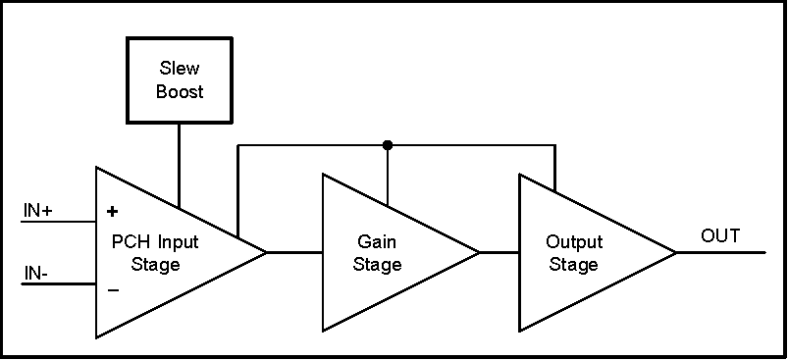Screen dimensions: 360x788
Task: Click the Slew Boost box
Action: coord(180,80)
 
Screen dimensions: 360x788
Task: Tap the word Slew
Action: coord(180,68)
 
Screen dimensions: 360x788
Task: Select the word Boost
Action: coord(180,92)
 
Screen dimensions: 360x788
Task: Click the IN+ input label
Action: coord(38,211)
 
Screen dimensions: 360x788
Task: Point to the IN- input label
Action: coord(36,273)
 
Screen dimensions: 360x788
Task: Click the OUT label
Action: coord(720,236)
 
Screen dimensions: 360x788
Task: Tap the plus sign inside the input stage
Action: coord(112,211)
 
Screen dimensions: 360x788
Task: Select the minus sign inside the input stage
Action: coord(112,289)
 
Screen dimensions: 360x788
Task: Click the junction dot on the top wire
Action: coord(388,145)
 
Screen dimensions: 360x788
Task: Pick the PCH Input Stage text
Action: coord(154,253)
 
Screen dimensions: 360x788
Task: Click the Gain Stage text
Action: coord(378,253)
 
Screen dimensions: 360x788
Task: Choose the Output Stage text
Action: coord(574,253)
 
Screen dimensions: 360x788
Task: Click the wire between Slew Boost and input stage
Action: coord(180,167)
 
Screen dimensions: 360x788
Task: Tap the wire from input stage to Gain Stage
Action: coord(294,253)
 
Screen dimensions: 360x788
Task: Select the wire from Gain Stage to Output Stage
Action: coord(499,253)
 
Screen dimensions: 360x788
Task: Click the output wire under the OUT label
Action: coord(721,253)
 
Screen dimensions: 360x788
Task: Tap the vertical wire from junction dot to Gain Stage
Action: coord(388,177)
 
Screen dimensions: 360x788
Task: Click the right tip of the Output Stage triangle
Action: coord(675,253)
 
